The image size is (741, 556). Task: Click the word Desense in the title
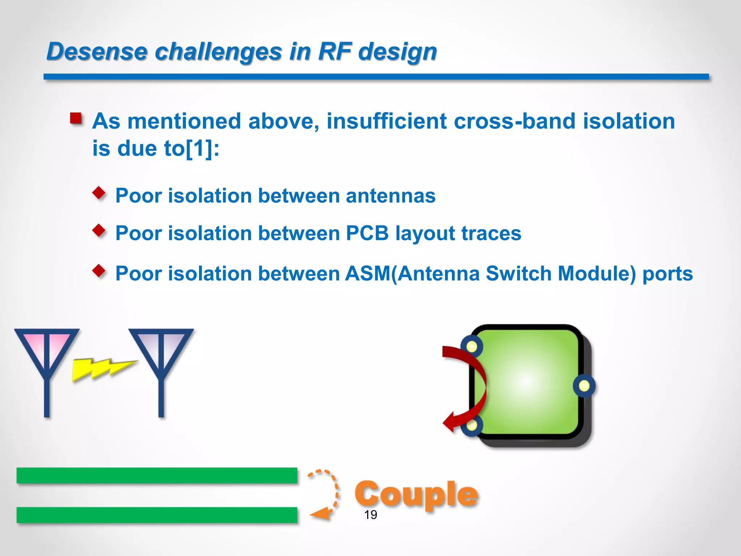click(x=97, y=51)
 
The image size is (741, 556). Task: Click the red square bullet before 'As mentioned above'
click(x=76, y=118)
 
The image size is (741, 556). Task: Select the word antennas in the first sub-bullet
click(x=390, y=196)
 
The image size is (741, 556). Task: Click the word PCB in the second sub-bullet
click(x=367, y=233)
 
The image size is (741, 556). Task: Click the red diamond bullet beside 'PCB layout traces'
click(x=99, y=230)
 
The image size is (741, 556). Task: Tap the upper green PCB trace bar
click(x=157, y=475)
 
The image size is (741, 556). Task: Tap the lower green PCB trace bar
click(x=157, y=515)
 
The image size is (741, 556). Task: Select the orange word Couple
click(x=416, y=494)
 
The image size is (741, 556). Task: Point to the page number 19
click(x=370, y=515)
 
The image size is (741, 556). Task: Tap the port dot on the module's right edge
click(x=584, y=386)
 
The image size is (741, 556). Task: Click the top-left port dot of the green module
click(x=472, y=346)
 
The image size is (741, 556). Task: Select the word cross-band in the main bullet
click(x=514, y=121)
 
